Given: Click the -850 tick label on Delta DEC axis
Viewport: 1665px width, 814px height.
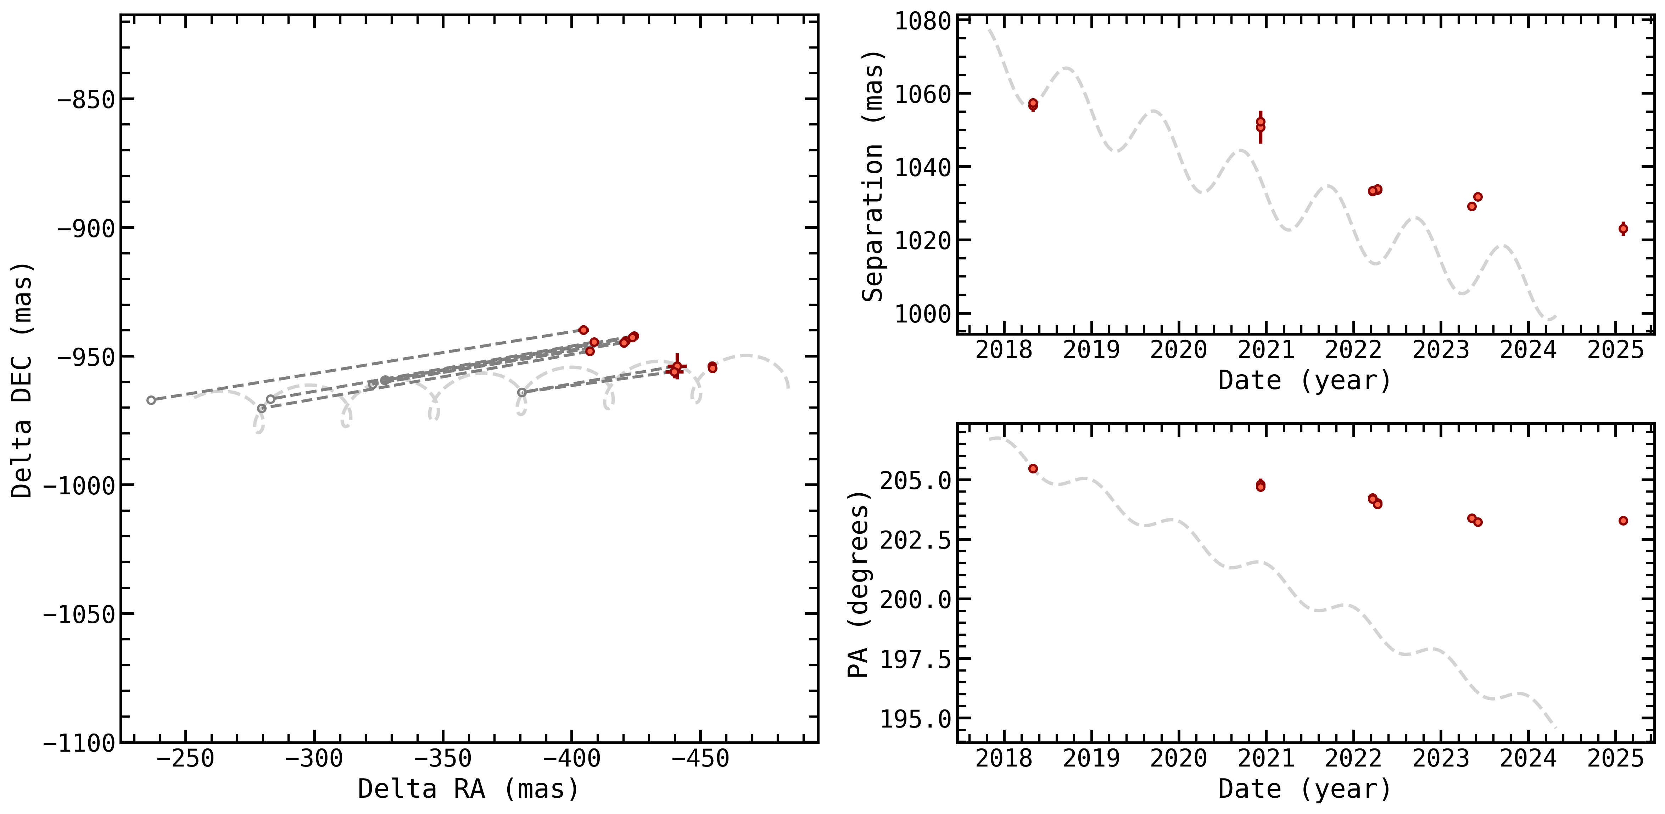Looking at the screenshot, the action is tap(86, 100).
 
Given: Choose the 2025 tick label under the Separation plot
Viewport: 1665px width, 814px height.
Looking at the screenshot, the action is tap(1615, 350).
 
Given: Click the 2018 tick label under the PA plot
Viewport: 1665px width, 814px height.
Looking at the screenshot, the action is tap(1004, 759).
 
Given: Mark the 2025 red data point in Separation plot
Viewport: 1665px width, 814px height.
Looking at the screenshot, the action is tap(1623, 229).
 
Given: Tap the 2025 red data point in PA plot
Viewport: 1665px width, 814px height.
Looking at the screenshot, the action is tap(1623, 521).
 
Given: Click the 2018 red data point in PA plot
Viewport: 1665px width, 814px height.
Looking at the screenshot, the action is tap(1033, 468).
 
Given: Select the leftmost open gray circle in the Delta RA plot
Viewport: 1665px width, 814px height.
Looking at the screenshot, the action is tap(151, 400).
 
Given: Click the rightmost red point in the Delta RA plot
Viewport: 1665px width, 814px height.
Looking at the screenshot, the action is tap(712, 367).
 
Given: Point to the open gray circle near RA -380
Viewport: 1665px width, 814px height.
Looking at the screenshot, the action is tap(521, 392).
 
